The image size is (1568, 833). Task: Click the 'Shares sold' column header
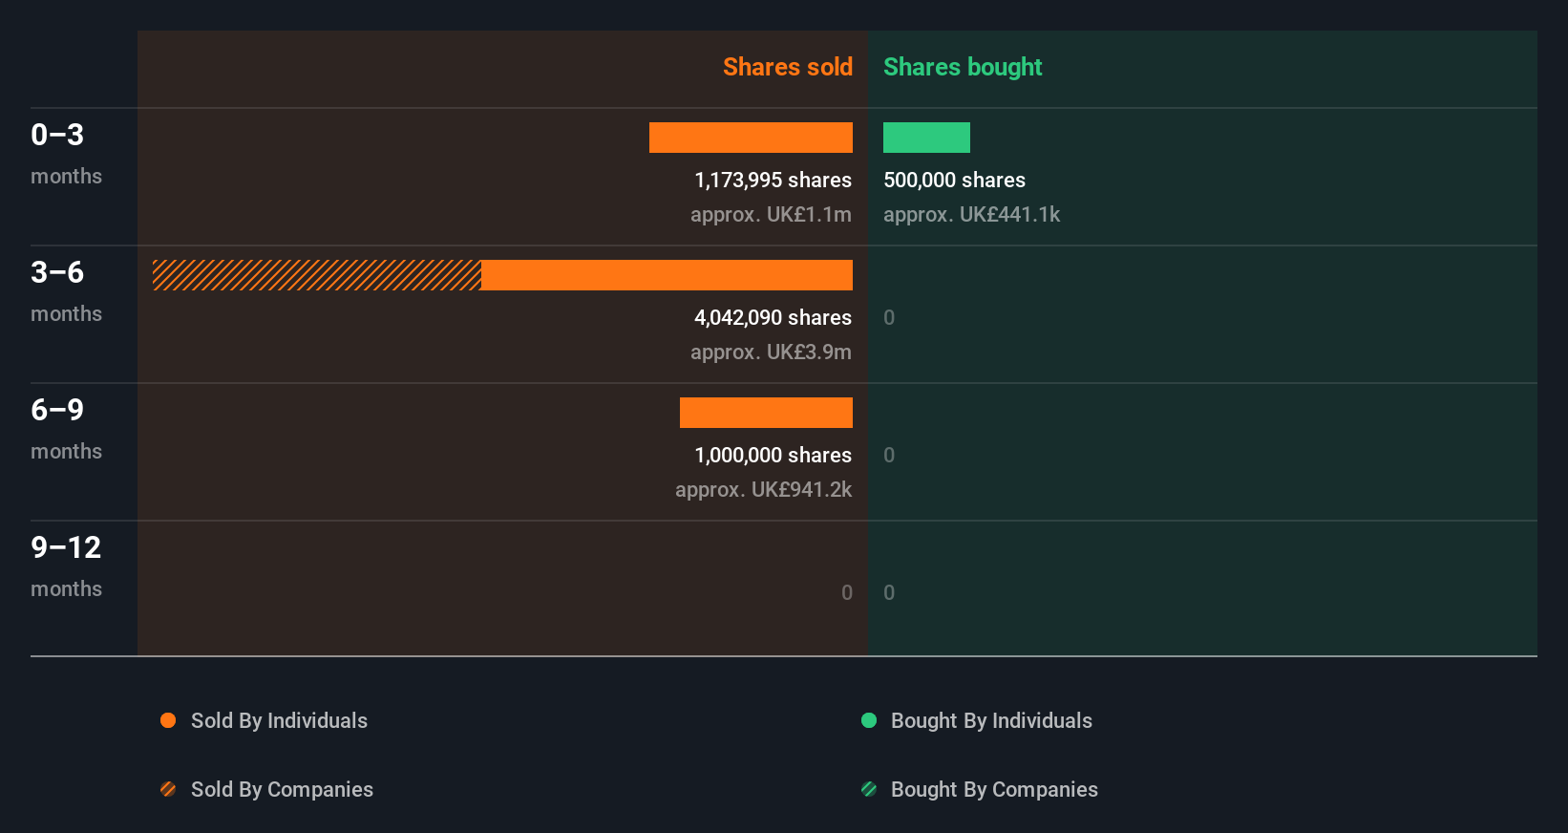pos(787,67)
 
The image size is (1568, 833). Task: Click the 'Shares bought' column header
pos(962,67)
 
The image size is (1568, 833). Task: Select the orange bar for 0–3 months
pos(751,138)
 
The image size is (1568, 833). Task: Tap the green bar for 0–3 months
pos(926,138)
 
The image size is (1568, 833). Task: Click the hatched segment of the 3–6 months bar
pos(317,275)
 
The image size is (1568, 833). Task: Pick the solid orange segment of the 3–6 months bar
pos(667,275)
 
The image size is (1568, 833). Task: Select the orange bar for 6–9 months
pos(766,413)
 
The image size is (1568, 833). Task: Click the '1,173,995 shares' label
pos(773,181)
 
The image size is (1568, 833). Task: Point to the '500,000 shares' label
pos(954,181)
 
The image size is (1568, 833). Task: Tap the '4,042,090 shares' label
pos(773,318)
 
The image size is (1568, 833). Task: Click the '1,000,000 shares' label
pos(773,456)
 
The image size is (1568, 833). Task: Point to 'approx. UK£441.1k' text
pos(971,215)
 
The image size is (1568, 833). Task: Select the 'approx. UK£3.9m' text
pos(771,352)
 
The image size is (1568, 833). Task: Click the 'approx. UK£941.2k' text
pos(763,490)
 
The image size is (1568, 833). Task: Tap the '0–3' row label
pos(57,135)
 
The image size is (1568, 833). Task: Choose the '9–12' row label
pos(66,547)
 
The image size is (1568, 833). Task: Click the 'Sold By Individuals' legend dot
pos(168,720)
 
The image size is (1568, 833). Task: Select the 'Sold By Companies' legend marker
pos(168,789)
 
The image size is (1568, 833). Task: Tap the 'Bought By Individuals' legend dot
pos(869,720)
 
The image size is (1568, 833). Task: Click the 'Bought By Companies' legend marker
pos(869,789)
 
